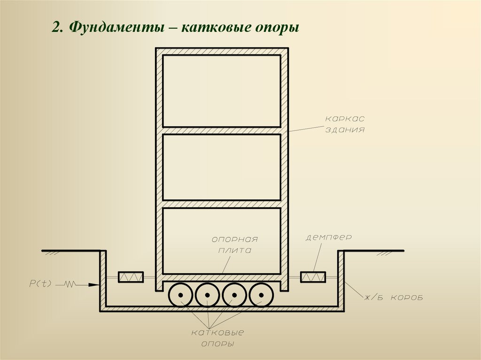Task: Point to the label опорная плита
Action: tap(234, 245)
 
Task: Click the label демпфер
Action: tap(329, 237)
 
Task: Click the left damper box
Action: tap(131, 277)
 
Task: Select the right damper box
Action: tap(313, 277)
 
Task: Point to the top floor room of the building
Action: tap(222, 91)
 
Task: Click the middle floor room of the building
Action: tap(222, 167)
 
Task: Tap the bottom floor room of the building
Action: tap(222, 240)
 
